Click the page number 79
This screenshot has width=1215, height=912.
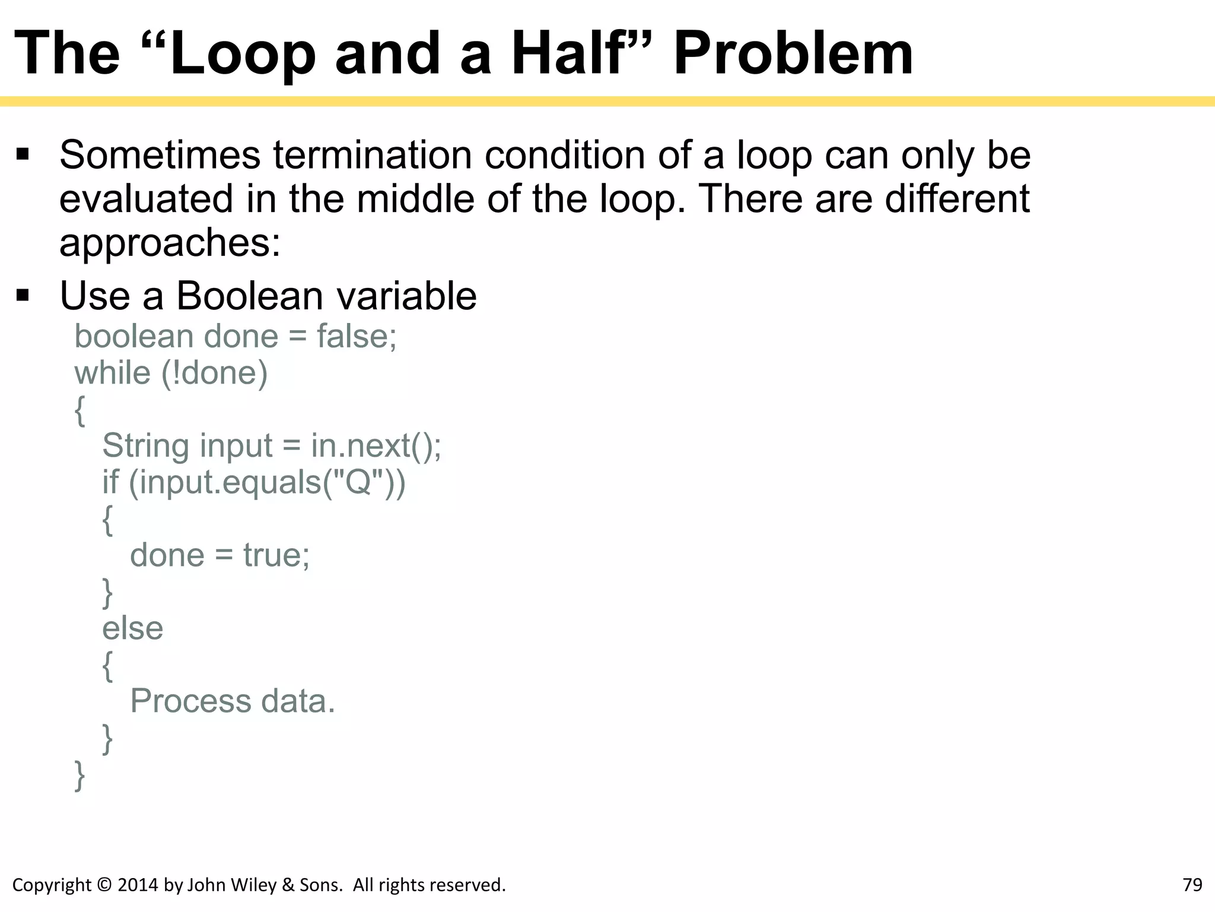1192,885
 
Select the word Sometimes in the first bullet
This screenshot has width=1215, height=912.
160,156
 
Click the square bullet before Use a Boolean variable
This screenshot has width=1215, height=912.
23,295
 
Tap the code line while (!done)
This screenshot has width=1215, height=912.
171,373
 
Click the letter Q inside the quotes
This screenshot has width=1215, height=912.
358,482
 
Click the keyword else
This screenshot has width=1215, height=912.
132,629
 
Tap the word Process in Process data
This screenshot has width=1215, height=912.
190,702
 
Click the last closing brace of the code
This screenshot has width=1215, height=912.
79,775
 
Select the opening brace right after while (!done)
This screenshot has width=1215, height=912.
79,410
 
